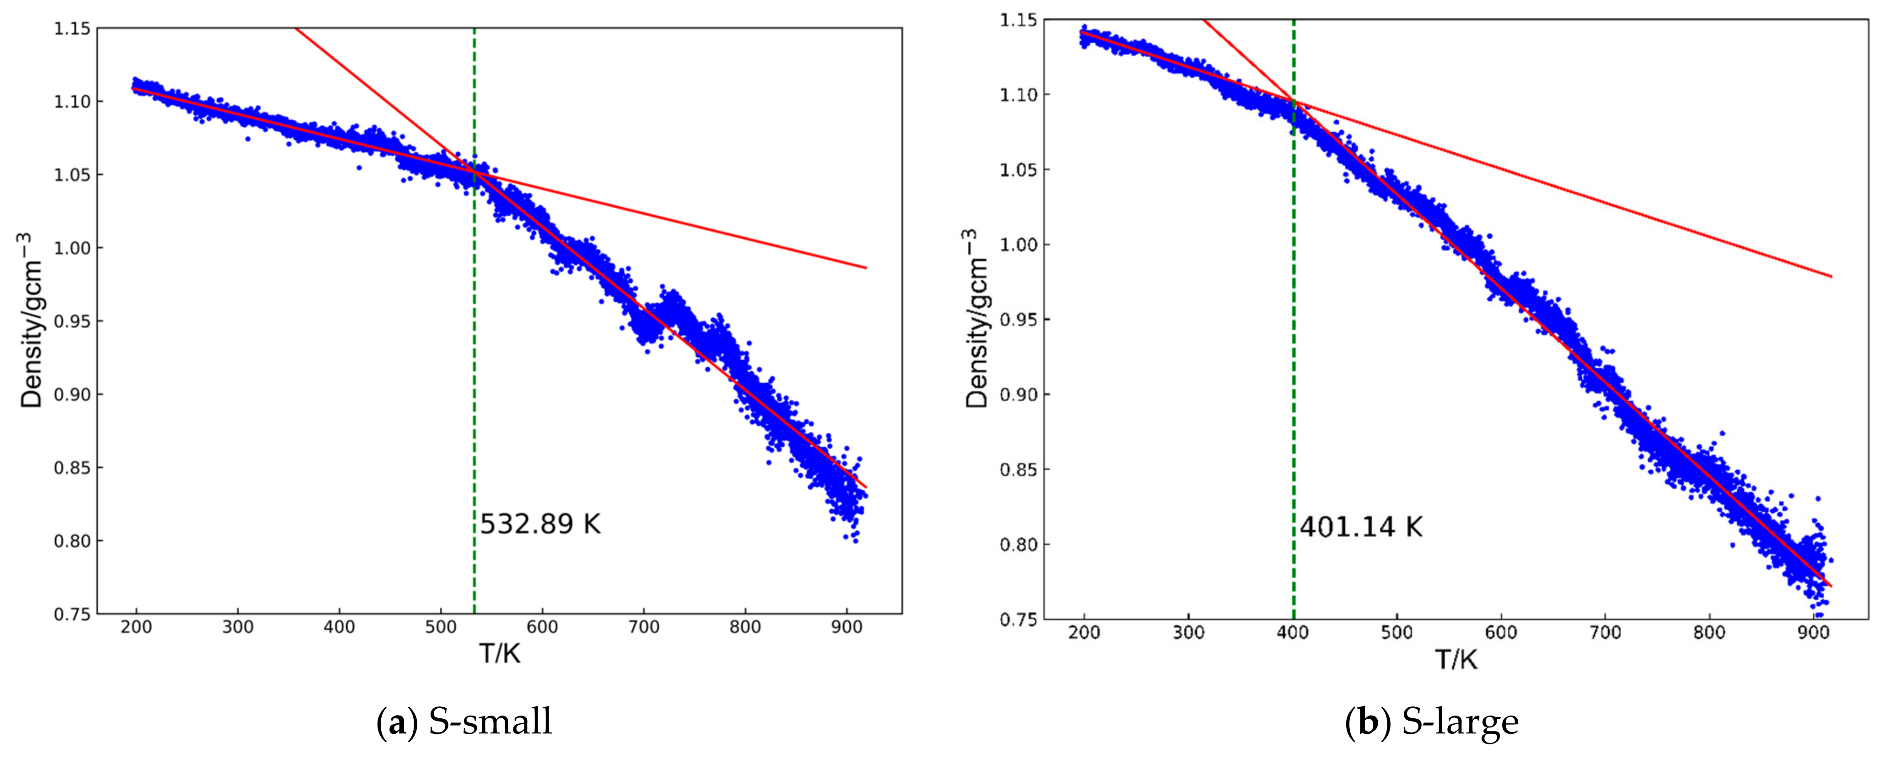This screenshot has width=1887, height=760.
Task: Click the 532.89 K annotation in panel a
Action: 540,524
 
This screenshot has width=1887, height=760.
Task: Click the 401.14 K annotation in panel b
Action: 1361,527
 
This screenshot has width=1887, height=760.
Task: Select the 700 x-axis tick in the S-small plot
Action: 644,627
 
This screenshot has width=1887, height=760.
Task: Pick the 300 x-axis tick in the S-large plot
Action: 1188,632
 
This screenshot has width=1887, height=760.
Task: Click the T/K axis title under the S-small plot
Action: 500,652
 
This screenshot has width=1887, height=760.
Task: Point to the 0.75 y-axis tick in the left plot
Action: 72,614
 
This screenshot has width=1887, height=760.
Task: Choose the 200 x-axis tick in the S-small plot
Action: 136,627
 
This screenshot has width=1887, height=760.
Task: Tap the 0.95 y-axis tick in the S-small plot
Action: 72,321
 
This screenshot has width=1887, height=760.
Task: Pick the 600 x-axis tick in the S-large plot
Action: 1500,632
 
